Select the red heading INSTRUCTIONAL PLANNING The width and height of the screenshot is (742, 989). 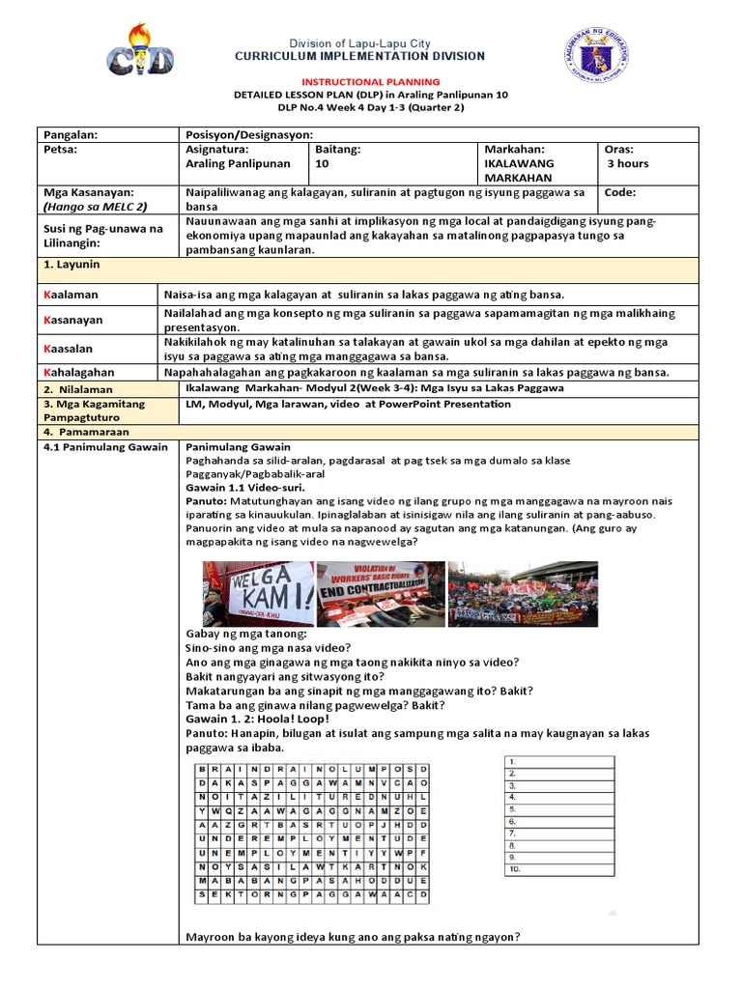pos(372,82)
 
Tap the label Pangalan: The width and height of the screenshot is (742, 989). pos(71,135)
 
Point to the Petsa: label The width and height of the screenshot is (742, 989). pos(60,150)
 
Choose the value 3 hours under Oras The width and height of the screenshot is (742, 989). pos(628,164)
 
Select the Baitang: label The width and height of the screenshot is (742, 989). pos(338,150)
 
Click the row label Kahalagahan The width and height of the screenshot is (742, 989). pos(79,372)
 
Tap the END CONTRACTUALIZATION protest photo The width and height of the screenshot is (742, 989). pos(381,592)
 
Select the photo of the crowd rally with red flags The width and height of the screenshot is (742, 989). pos(524,592)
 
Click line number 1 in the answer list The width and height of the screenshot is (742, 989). pos(512,762)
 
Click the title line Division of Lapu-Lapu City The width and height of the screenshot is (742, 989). pos(360,43)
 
